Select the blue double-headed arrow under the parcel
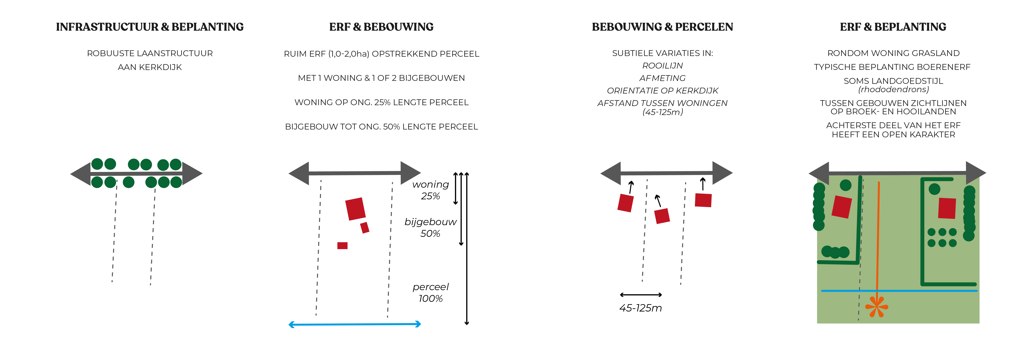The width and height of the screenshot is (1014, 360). pyautogui.click(x=355, y=324)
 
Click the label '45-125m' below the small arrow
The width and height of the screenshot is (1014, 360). pyautogui.click(x=640, y=308)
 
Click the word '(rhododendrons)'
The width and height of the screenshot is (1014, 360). pyautogui.click(x=893, y=90)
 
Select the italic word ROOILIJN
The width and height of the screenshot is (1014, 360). pyautogui.click(x=662, y=66)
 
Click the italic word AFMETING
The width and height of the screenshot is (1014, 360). pyautogui.click(x=662, y=78)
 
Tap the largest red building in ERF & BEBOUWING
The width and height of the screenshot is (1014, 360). pyautogui.click(x=355, y=208)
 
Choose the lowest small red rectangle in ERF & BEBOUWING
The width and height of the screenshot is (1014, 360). pyautogui.click(x=342, y=245)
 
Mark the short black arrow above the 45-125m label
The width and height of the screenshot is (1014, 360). pyautogui.click(x=640, y=295)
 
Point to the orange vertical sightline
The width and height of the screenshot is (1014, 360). pyautogui.click(x=878, y=236)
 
